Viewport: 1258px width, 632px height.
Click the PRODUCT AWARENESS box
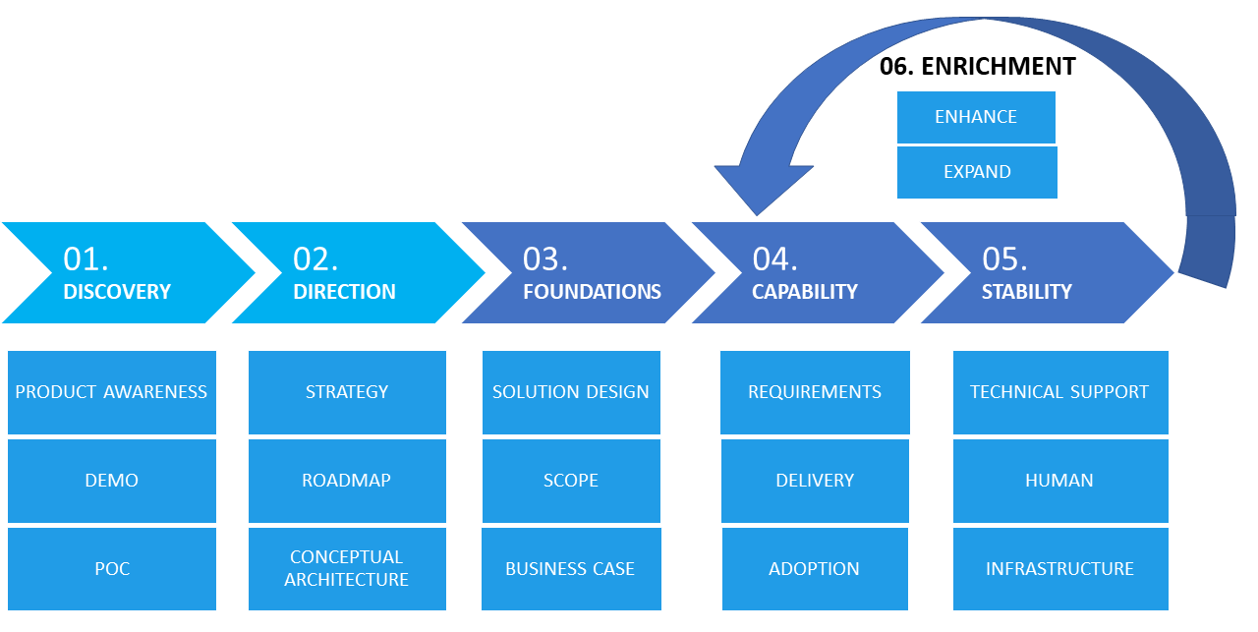point(112,392)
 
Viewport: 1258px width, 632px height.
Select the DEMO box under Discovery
point(112,481)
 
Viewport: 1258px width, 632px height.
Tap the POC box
point(112,568)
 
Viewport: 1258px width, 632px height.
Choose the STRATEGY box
point(347,392)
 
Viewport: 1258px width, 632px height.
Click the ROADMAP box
point(347,481)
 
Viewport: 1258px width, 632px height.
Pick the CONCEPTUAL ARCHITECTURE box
point(347,568)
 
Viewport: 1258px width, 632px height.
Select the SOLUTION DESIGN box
point(571,392)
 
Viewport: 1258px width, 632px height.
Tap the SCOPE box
point(571,481)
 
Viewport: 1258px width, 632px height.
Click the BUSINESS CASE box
point(571,568)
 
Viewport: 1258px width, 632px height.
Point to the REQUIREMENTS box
point(815,392)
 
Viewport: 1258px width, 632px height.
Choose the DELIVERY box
point(815,481)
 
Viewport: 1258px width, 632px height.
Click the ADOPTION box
point(815,568)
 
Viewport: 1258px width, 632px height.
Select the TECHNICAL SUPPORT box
point(1060,392)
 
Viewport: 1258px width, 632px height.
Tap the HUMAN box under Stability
point(1060,481)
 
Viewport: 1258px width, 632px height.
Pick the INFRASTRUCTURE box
point(1060,568)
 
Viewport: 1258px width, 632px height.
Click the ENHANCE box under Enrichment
point(976,117)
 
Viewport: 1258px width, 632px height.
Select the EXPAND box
point(977,172)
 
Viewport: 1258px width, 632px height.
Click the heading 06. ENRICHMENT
point(977,66)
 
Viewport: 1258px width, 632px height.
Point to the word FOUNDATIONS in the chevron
point(592,292)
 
